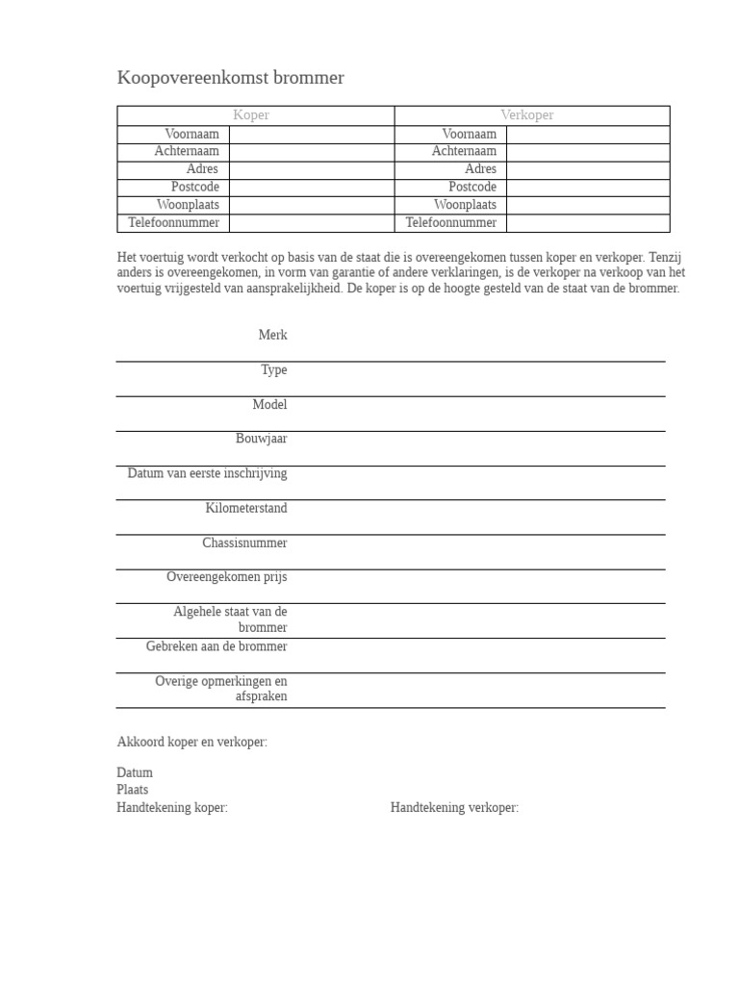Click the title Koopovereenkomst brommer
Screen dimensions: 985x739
coord(230,78)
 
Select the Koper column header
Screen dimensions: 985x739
coord(251,115)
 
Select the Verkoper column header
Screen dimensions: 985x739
coord(527,115)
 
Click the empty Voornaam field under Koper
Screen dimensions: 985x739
coord(311,135)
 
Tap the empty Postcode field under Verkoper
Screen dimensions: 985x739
coord(587,188)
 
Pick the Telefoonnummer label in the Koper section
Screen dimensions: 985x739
coord(174,223)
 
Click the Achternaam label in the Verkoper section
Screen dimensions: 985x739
coord(464,152)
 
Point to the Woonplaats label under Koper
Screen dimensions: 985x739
coord(188,205)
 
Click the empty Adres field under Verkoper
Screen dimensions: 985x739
coord(587,169)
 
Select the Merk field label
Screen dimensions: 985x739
coord(272,335)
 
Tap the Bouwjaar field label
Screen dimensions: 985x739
coord(261,439)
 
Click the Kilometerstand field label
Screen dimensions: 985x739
coord(246,508)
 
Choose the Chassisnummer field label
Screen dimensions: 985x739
coord(244,543)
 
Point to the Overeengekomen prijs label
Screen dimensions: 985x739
coord(226,577)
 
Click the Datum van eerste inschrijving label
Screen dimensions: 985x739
coord(207,473)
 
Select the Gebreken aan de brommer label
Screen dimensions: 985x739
coord(217,646)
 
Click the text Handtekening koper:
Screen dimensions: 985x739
coord(172,808)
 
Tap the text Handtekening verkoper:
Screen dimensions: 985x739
coord(454,808)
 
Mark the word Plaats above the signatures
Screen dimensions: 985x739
coord(133,790)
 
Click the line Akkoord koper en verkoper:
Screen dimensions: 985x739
coord(192,743)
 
